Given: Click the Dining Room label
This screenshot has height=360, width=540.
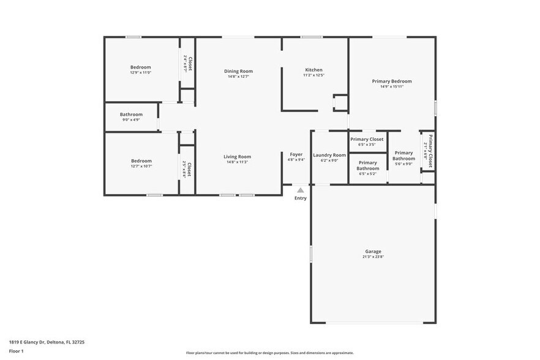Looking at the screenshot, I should point(238,71).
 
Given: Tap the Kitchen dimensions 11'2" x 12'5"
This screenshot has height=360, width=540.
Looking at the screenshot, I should point(313,75).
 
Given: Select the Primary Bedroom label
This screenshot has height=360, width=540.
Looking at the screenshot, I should point(392,81).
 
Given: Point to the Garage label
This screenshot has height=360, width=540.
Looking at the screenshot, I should point(373,251).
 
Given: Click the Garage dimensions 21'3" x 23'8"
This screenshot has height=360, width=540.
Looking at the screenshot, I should point(373,257).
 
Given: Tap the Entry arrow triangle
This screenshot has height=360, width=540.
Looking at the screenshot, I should point(300,190).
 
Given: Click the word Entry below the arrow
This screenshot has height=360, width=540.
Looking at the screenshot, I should point(300,198).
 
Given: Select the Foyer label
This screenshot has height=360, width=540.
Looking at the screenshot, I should point(296,155).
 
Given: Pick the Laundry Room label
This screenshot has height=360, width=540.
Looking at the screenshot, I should point(329,155).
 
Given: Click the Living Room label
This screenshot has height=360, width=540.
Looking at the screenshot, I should point(237,157).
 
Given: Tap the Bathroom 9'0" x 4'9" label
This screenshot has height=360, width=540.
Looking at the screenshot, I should point(131,114).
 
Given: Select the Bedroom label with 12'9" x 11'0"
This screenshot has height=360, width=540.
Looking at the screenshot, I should point(140,67).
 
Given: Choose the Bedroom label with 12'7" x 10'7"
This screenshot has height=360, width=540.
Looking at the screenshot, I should point(141,161).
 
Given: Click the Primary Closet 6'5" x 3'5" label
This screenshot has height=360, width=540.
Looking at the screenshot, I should point(367,139).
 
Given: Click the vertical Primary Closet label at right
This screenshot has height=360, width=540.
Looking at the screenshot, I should point(430,151).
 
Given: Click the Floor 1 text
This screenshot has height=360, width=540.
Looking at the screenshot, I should point(16,351).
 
